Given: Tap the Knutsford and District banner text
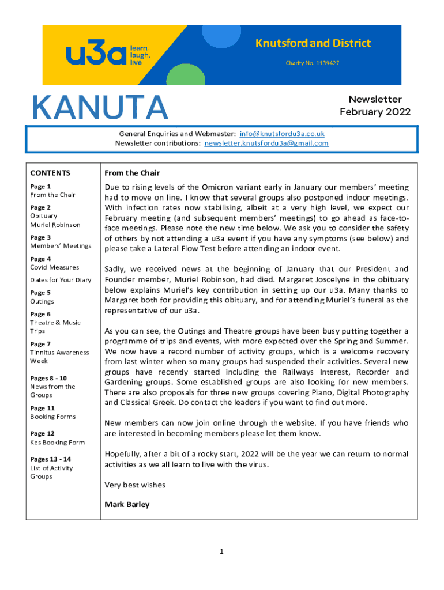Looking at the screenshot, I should pyautogui.click(x=313, y=43).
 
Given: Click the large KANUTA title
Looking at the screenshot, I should pyautogui.click(x=100, y=108).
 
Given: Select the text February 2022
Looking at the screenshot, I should pyautogui.click(x=375, y=112).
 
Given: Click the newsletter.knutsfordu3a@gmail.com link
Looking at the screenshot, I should pyautogui.click(x=266, y=143).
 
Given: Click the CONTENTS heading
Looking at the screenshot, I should pyautogui.click(x=50, y=173).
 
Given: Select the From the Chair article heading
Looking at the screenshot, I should pyautogui.click(x=131, y=173).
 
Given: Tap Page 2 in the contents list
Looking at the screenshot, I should pyautogui.click(x=40, y=207).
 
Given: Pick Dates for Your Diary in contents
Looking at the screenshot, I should pyautogui.click(x=61, y=280).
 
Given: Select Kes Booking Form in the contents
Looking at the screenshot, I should pyautogui.click(x=57, y=442).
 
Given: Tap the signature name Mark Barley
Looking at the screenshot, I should pyautogui.click(x=127, y=504).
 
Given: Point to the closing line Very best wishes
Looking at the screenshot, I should pyautogui.click(x=135, y=485).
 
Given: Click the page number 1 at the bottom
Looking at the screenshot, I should pyautogui.click(x=221, y=552).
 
